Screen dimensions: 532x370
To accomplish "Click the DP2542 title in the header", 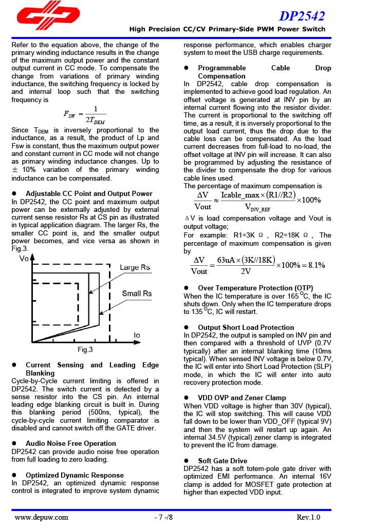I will tap(302, 16).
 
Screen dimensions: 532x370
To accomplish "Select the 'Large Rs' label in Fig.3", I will tap(135, 268).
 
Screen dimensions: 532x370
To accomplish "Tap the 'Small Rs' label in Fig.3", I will tap(137, 293).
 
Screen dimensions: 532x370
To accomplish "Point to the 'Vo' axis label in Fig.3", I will tap(24, 259).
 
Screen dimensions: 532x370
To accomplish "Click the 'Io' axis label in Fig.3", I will tap(137, 335).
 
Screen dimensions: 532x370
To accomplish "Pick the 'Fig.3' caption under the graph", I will tap(85, 350).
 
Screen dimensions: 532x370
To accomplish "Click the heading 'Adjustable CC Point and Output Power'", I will tap(89, 193).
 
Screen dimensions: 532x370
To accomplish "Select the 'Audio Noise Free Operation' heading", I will tap(71, 443).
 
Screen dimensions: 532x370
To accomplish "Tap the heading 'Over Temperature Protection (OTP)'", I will tap(255, 288).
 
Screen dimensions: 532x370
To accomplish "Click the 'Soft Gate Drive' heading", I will tap(223, 461).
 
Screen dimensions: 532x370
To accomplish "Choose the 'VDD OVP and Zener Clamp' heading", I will tap(242, 398).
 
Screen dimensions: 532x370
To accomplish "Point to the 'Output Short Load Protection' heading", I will tap(246, 327).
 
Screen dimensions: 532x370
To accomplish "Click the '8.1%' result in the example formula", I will tap(314, 265).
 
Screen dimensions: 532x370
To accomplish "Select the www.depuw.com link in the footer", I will tap(41, 517).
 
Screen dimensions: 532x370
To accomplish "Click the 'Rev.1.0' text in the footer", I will tap(308, 517).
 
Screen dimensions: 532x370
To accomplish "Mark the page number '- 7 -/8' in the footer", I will tap(163, 517).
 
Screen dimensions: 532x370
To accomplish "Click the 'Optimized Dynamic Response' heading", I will tap(75, 475).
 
